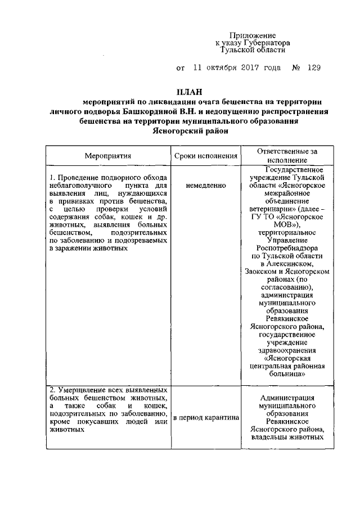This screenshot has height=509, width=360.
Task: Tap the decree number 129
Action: click(x=314, y=68)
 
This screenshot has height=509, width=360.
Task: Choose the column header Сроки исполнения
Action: click(x=205, y=155)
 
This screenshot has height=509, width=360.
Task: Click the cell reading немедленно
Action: click(x=205, y=184)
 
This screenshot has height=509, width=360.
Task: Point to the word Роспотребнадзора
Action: click(x=287, y=247)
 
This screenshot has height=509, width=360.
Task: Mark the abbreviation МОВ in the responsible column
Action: click(x=287, y=224)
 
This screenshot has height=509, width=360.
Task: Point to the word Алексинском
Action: click(x=287, y=263)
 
